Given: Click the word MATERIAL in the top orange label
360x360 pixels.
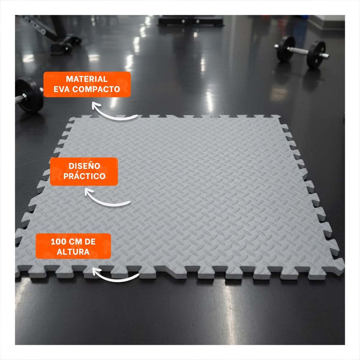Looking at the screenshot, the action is [87, 79].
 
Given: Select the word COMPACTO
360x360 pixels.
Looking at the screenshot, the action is [96, 89].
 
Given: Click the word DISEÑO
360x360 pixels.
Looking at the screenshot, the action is [84, 166].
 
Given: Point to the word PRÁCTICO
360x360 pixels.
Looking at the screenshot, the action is [84, 176].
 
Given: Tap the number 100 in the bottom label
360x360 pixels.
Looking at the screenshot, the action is [58, 242].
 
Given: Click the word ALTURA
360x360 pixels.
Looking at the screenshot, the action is [73, 252].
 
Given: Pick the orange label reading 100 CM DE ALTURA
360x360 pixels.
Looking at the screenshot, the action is [73, 246].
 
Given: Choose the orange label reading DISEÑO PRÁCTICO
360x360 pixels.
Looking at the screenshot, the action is [84, 172].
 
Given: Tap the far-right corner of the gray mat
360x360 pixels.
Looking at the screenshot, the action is [280, 116].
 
